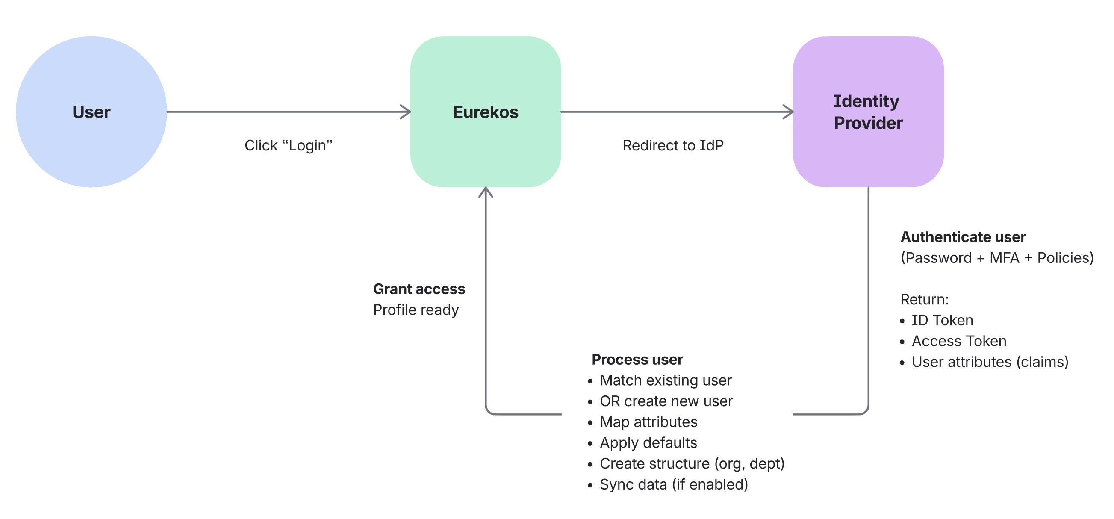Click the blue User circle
click(91, 112)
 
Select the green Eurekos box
click(485, 112)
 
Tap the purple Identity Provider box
click(868, 112)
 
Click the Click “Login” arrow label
click(289, 145)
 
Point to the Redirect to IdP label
click(673, 145)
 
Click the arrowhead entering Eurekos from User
click(406, 112)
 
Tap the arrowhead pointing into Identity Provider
click(788, 112)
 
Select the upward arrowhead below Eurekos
click(486, 192)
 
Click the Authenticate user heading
click(963, 237)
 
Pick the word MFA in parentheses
click(1004, 258)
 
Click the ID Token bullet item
click(942, 321)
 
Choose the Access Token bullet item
click(959, 341)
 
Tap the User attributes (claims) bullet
click(990, 362)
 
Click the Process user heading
click(637, 360)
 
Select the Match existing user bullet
click(666, 380)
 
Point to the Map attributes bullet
click(648, 422)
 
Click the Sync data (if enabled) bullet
click(673, 484)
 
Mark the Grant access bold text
click(418, 289)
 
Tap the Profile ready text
click(416, 310)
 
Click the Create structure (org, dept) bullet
click(692, 464)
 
